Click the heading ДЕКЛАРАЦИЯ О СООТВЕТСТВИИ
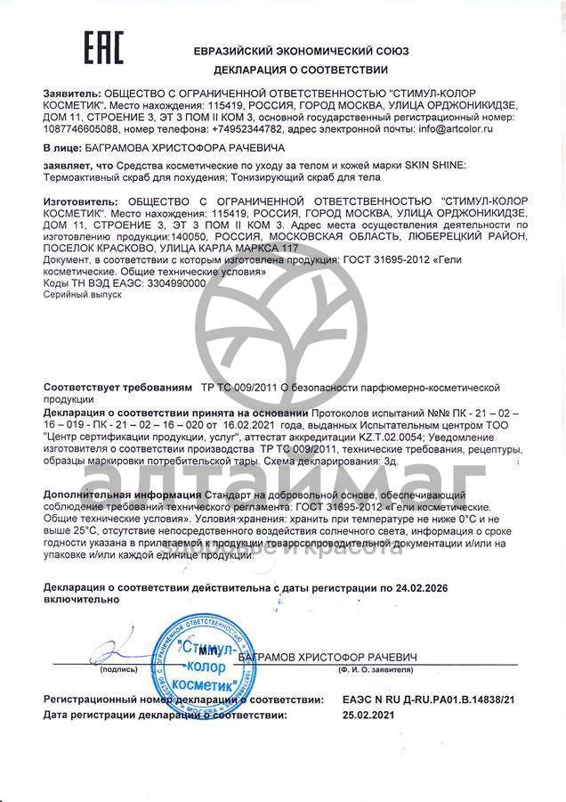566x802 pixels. coord(302,70)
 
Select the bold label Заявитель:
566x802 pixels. coord(72,93)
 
